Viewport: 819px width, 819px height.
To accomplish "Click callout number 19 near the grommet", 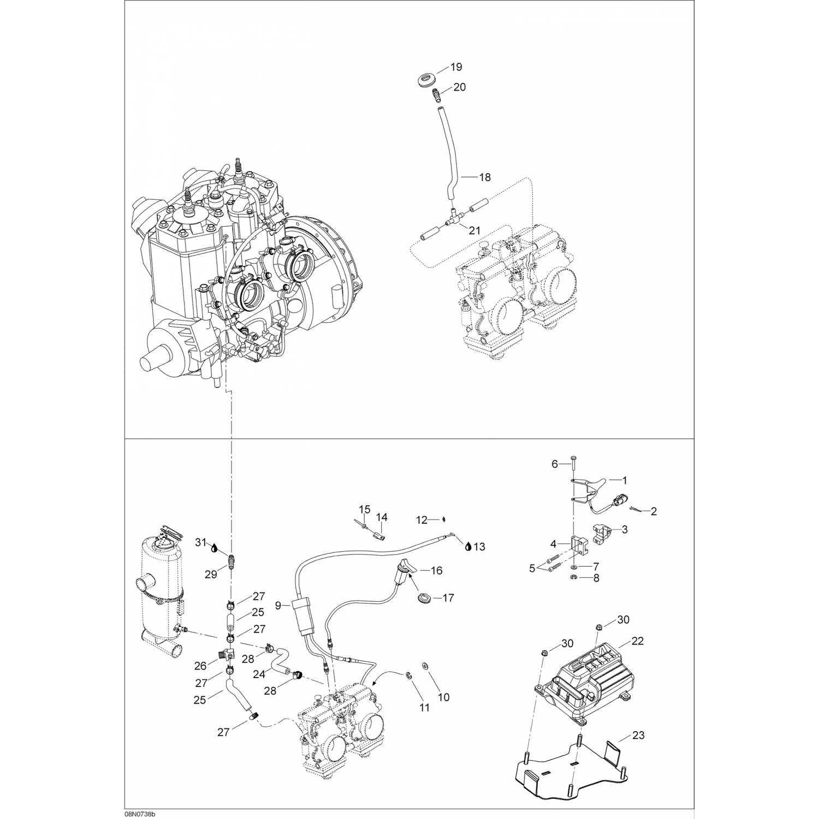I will (456, 67).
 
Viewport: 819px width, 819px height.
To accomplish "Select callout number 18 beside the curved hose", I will (484, 177).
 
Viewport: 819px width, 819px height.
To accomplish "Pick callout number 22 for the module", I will (638, 641).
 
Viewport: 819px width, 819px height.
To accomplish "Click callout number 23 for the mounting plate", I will (638, 735).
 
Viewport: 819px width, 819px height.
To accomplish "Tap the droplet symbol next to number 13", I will (468, 547).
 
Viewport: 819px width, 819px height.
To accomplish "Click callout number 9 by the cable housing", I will (278, 605).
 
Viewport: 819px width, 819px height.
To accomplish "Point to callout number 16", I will (436, 571).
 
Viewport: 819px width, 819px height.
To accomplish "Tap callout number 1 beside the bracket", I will (625, 480).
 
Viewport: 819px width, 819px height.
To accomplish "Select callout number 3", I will (625, 529).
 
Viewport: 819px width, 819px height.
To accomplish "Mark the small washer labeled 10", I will (425, 666).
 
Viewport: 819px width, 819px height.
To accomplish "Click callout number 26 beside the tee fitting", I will (200, 666).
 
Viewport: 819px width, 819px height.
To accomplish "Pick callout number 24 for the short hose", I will (259, 674).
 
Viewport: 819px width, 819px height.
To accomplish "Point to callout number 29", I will (211, 574).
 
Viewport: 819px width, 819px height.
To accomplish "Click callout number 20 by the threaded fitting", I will (460, 87).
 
